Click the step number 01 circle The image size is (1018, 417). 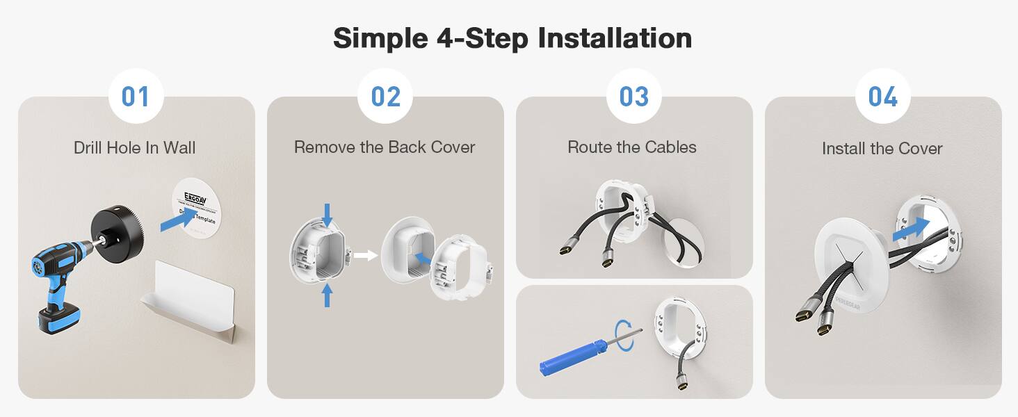136,96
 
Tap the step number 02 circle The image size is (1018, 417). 385,96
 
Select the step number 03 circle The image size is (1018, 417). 633,96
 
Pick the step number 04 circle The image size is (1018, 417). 882,96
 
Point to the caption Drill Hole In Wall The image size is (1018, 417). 135,147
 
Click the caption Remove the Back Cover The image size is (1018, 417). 385,147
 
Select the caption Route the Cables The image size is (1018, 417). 632,147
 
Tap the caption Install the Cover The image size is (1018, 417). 882,149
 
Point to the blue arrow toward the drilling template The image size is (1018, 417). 177,222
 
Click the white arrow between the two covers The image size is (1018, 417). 364,255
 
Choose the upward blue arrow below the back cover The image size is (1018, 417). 328,295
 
